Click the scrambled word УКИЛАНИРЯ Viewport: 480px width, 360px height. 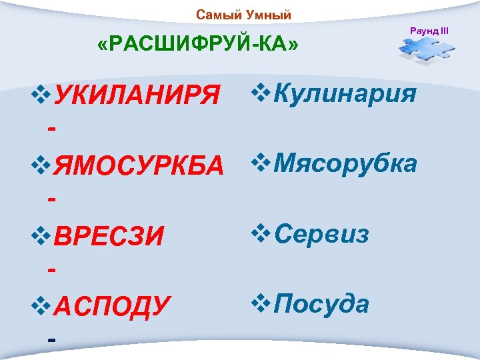click(x=136, y=99)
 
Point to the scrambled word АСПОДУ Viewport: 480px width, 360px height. click(x=111, y=307)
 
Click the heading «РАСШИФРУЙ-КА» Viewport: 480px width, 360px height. click(x=198, y=45)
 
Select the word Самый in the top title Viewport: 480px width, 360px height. click(x=215, y=15)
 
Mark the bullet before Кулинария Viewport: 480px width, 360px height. click(x=260, y=94)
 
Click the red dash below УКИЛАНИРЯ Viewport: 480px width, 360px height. click(x=51, y=128)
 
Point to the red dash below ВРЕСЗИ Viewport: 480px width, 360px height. click(x=51, y=267)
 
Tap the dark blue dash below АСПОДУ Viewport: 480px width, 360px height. click(x=51, y=337)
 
